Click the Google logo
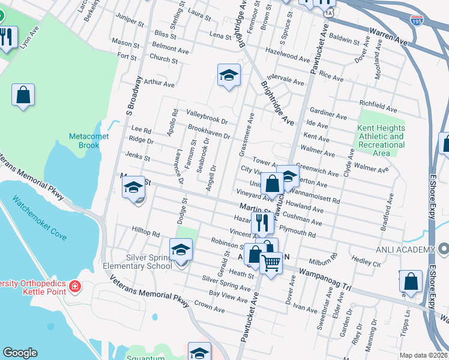(x=20, y=353)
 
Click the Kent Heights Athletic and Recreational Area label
(x=381, y=140)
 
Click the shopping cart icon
(x=271, y=262)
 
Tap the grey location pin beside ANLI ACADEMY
(x=443, y=248)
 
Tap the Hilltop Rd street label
(x=146, y=233)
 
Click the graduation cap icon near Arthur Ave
(x=229, y=75)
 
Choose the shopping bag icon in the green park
(x=23, y=94)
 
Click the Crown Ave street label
(x=209, y=308)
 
